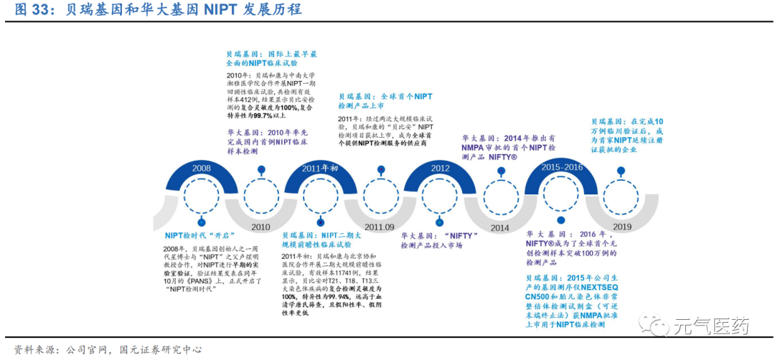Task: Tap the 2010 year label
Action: pos(261,227)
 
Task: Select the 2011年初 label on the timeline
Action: pos(319,168)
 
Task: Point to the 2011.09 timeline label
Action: pos(379,227)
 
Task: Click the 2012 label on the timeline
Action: pos(440,168)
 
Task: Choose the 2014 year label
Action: pos(500,227)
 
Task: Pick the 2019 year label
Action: pos(621,227)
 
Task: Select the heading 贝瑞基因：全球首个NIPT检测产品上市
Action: pos(385,100)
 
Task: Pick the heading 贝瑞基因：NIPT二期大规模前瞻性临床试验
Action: pos(321,240)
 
